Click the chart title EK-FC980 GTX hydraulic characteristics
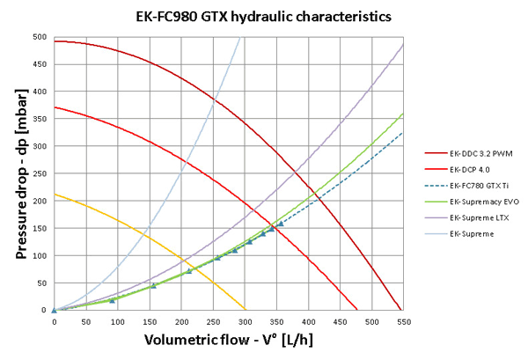pos(263,16)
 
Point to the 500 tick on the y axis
pos(40,37)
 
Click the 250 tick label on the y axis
pos(40,173)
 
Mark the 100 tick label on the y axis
pos(40,255)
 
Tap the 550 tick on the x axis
pos(403,321)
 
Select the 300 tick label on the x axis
pos(245,321)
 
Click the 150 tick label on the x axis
pos(149,321)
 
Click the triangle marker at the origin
pos(54,310)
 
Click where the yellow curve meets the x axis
pos(245,310)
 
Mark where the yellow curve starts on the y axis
pos(54,195)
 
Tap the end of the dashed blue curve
pos(403,133)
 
